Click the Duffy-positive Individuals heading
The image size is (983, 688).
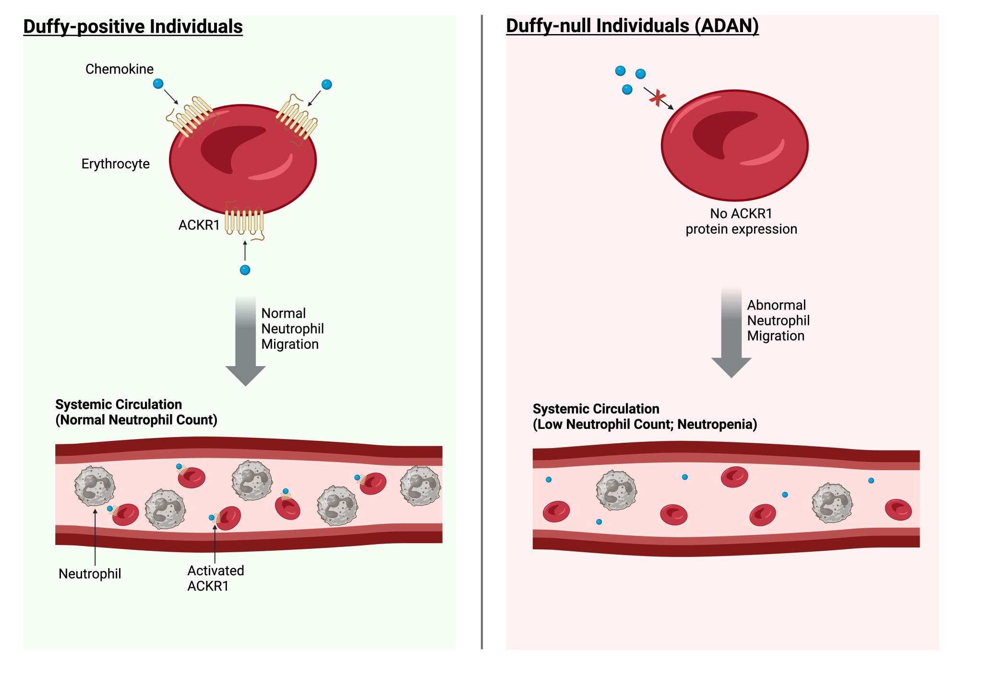(x=133, y=26)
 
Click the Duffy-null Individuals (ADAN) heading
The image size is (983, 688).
(x=632, y=25)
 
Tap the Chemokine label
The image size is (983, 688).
(x=120, y=69)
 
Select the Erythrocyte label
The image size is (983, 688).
(x=115, y=164)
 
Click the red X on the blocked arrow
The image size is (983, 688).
(x=657, y=98)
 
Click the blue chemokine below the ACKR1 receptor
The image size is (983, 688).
(x=245, y=270)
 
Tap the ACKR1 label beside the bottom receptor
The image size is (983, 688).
(x=199, y=225)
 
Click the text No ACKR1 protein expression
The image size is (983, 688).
(x=741, y=221)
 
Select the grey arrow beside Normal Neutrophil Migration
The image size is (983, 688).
(x=246, y=341)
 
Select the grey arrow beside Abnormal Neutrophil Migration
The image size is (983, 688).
(x=731, y=332)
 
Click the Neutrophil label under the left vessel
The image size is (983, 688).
(x=90, y=574)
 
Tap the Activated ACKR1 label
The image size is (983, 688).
(x=215, y=578)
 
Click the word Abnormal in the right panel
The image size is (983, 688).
(x=776, y=305)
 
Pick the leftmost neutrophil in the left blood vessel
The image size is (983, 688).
(x=95, y=486)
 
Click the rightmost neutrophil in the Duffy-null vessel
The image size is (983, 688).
(x=832, y=503)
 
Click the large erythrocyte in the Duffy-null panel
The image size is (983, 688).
(x=734, y=145)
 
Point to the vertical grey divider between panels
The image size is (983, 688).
(x=481, y=331)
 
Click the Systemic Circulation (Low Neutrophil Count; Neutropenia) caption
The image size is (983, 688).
(x=645, y=416)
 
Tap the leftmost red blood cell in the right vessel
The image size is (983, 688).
(x=556, y=511)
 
